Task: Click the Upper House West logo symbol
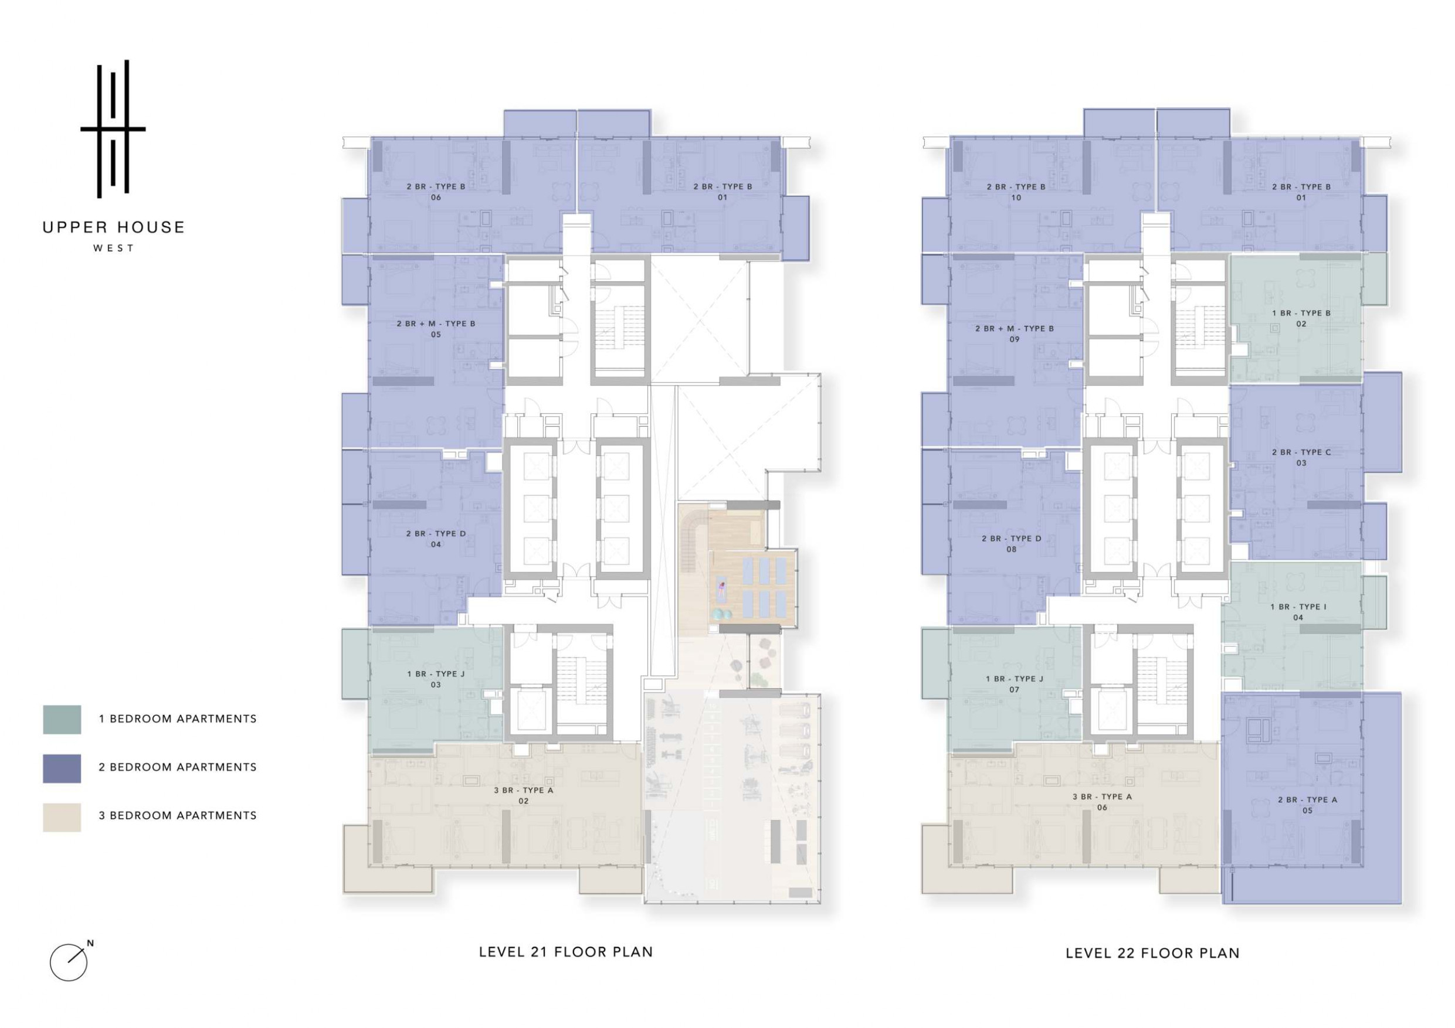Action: (x=113, y=129)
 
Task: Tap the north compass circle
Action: (x=69, y=963)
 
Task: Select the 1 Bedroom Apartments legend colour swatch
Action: (x=62, y=720)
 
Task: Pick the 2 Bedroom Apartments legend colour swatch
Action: (x=62, y=768)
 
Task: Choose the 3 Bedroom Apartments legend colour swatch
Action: (x=62, y=817)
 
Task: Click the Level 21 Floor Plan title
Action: (x=566, y=952)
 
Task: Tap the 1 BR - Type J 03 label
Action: (x=436, y=679)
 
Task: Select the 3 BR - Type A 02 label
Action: (x=524, y=795)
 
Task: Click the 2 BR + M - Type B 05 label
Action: (x=436, y=329)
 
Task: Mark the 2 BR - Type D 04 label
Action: (x=436, y=539)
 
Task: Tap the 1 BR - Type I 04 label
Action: (x=1298, y=612)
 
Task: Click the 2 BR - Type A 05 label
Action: (x=1307, y=805)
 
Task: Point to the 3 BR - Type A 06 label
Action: (x=1102, y=802)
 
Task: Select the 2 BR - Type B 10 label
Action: (x=1016, y=192)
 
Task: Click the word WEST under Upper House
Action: (x=113, y=249)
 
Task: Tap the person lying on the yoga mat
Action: (x=721, y=590)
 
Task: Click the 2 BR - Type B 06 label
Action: (x=436, y=192)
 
